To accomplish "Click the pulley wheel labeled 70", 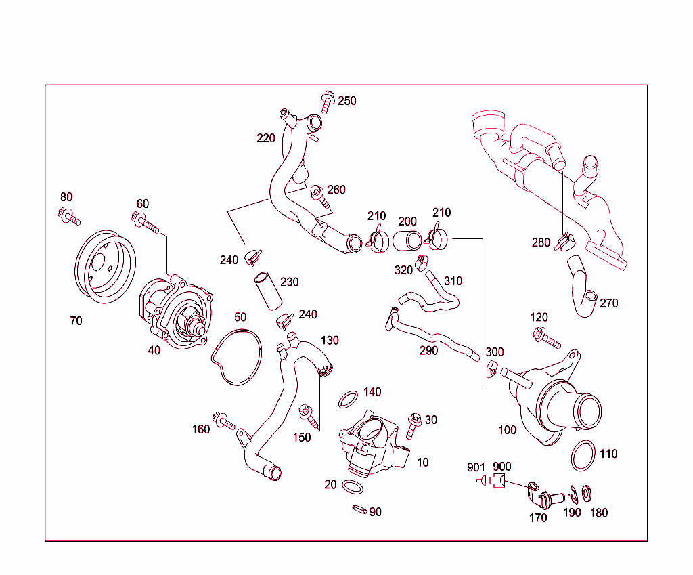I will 104,267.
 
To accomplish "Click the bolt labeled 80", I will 68,217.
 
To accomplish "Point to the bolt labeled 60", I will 145,223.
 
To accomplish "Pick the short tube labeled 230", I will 267,291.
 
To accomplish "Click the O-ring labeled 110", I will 584,456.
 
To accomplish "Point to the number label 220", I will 266,138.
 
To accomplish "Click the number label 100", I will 507,429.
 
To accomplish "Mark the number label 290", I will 428,350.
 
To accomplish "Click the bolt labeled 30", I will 414,424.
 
